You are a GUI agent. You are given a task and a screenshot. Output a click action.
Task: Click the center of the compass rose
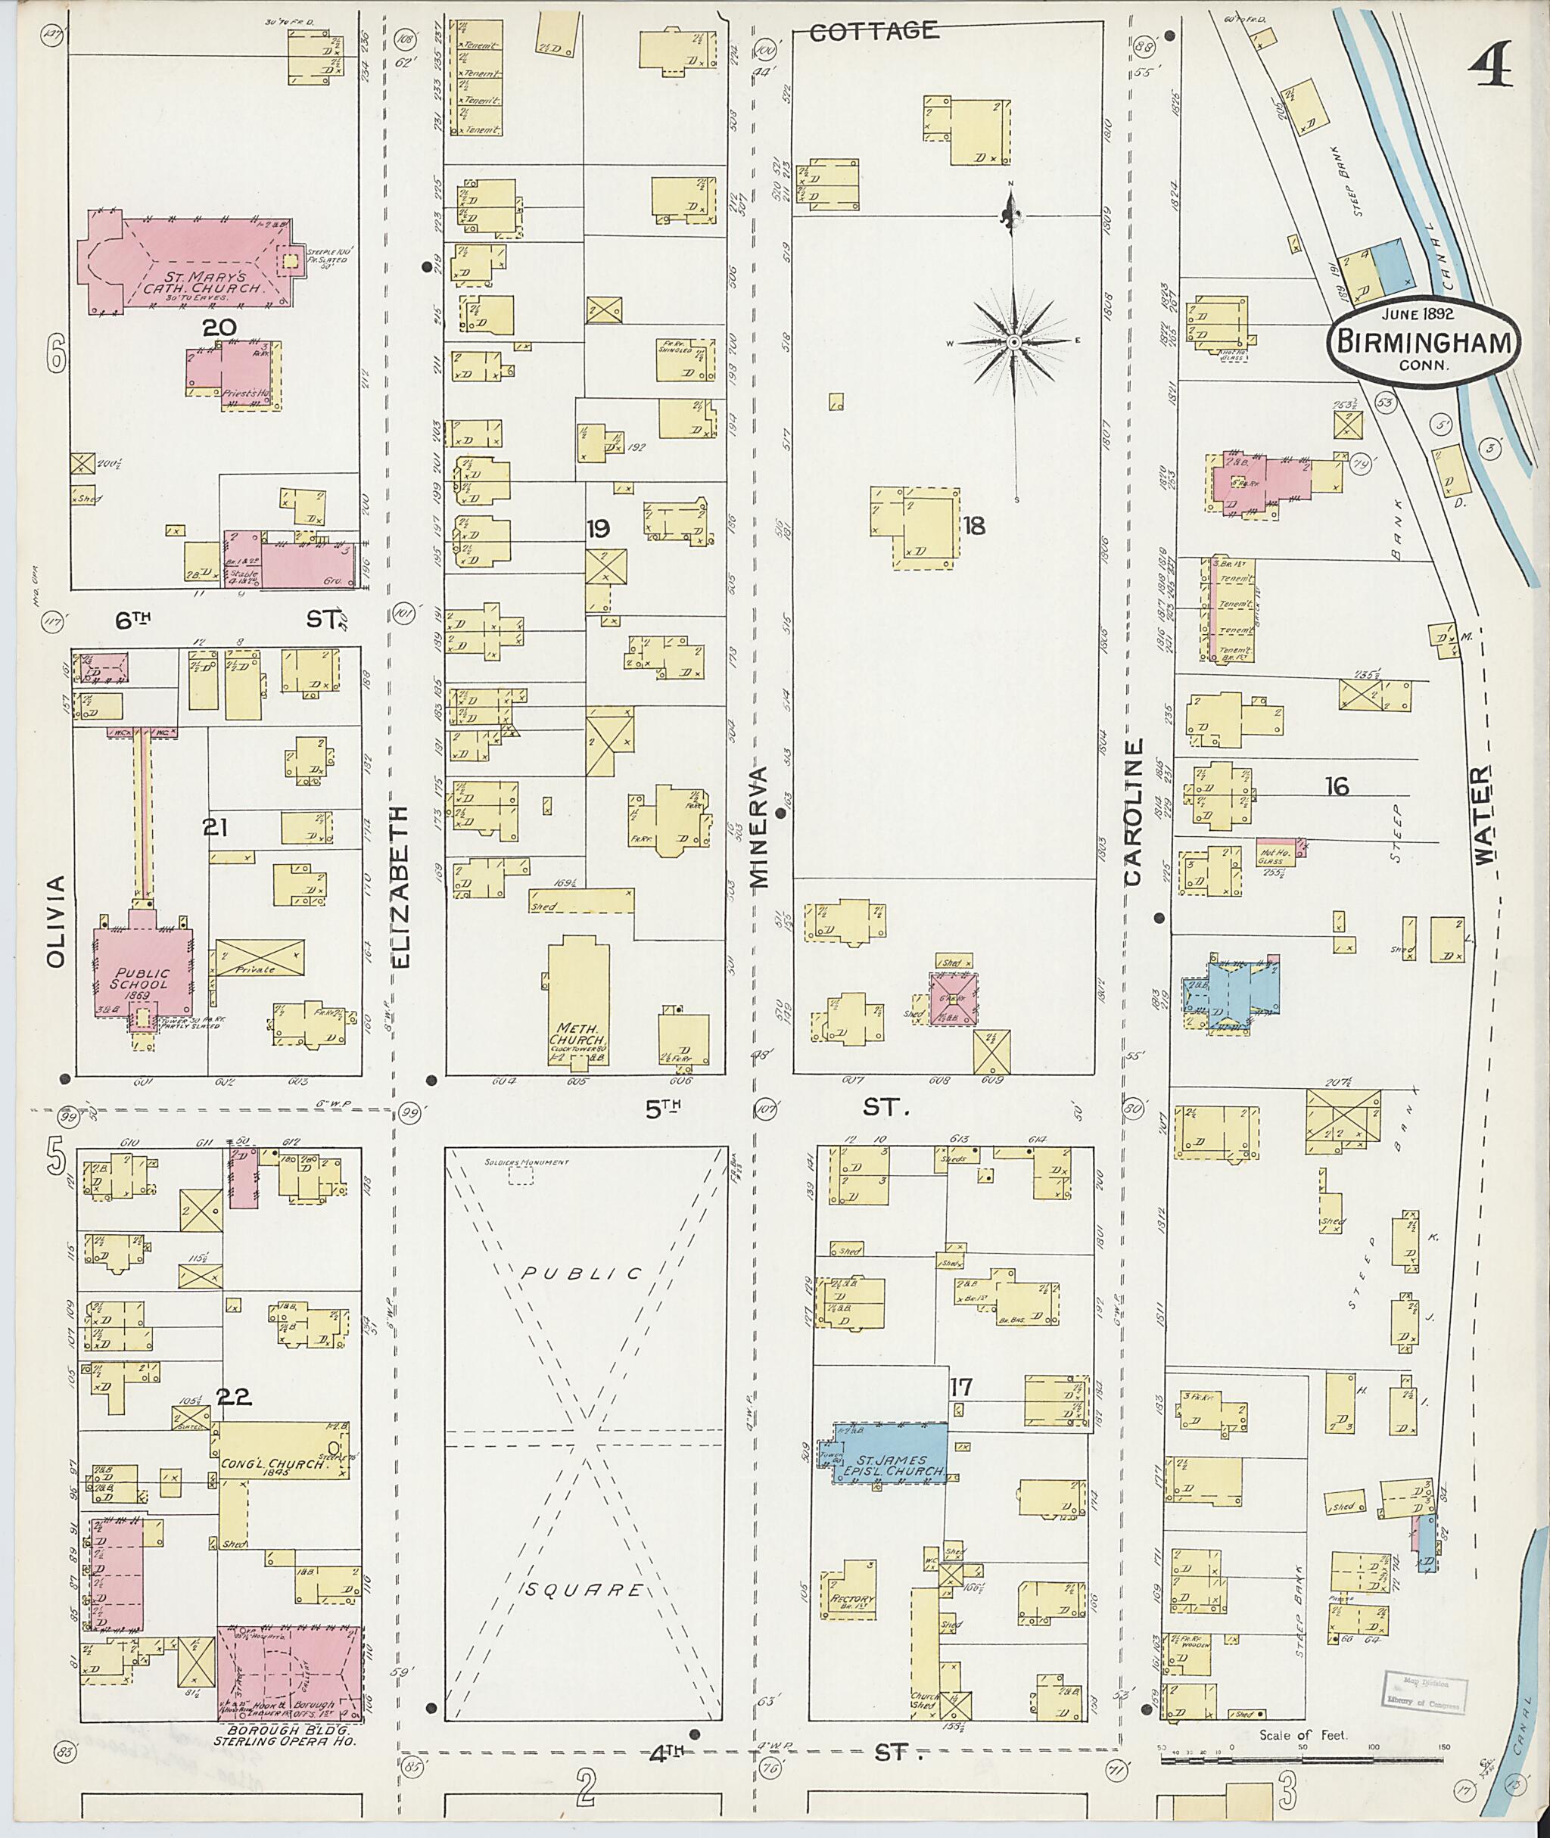(x=1013, y=341)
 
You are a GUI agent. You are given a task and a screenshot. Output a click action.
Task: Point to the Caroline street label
(x=1134, y=812)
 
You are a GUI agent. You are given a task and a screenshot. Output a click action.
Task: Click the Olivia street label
(x=57, y=921)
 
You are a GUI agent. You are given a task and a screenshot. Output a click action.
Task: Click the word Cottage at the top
(x=873, y=32)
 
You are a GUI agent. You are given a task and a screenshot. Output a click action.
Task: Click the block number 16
(x=1337, y=786)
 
